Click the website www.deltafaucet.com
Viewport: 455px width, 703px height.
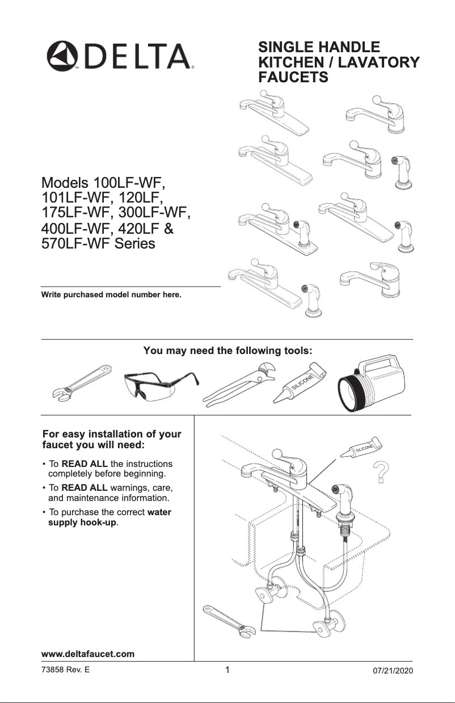click(87, 654)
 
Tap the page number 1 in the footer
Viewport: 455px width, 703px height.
click(227, 670)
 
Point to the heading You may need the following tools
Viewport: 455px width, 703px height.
click(227, 351)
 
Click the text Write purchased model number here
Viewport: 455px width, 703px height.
click(111, 295)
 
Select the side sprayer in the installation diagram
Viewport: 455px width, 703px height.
click(345, 499)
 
